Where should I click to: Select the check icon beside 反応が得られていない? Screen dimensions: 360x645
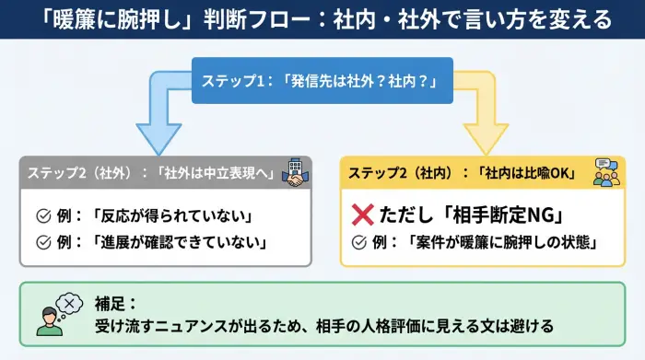pos(42,216)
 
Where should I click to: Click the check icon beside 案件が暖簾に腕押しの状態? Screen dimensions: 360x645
pos(360,243)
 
